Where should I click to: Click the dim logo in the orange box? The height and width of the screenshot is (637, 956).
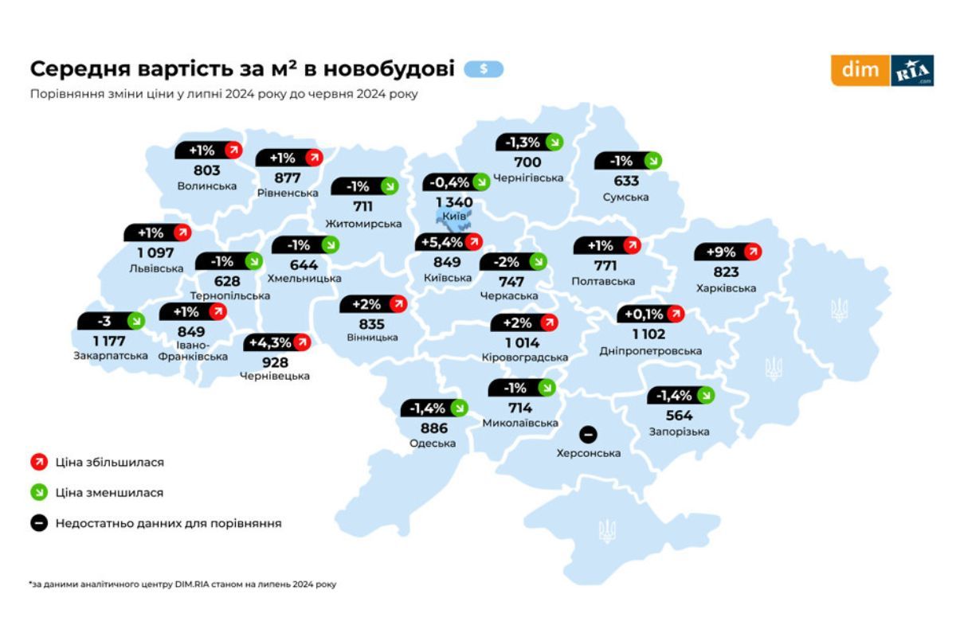point(860,70)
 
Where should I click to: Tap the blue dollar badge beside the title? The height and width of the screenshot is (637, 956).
point(484,69)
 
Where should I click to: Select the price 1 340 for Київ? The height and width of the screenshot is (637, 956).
point(454,203)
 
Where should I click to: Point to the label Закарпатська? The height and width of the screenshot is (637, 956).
point(110,356)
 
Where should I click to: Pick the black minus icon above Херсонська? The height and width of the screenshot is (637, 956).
point(588,435)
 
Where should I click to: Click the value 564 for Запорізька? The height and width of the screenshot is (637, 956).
point(680,415)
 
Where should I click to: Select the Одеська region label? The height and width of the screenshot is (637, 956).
point(433,444)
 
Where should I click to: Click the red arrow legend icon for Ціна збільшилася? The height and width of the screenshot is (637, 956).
point(37,462)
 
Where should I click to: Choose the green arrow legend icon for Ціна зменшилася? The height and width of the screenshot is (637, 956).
point(37,493)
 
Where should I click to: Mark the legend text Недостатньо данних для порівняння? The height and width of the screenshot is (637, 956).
point(168,523)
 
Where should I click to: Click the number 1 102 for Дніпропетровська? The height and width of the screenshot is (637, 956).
point(650,334)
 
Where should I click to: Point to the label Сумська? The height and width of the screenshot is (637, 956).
point(625,197)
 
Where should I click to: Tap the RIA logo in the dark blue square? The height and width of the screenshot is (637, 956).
point(912,70)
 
